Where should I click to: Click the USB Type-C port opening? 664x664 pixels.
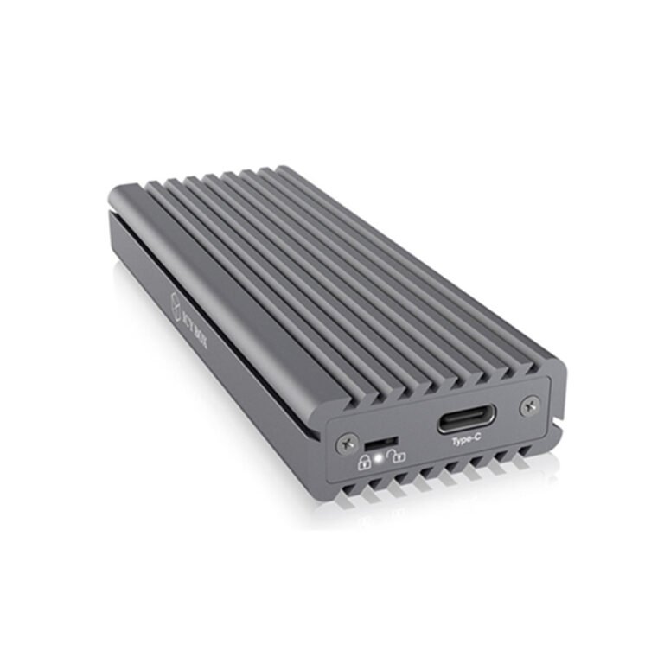(x=466, y=423)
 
